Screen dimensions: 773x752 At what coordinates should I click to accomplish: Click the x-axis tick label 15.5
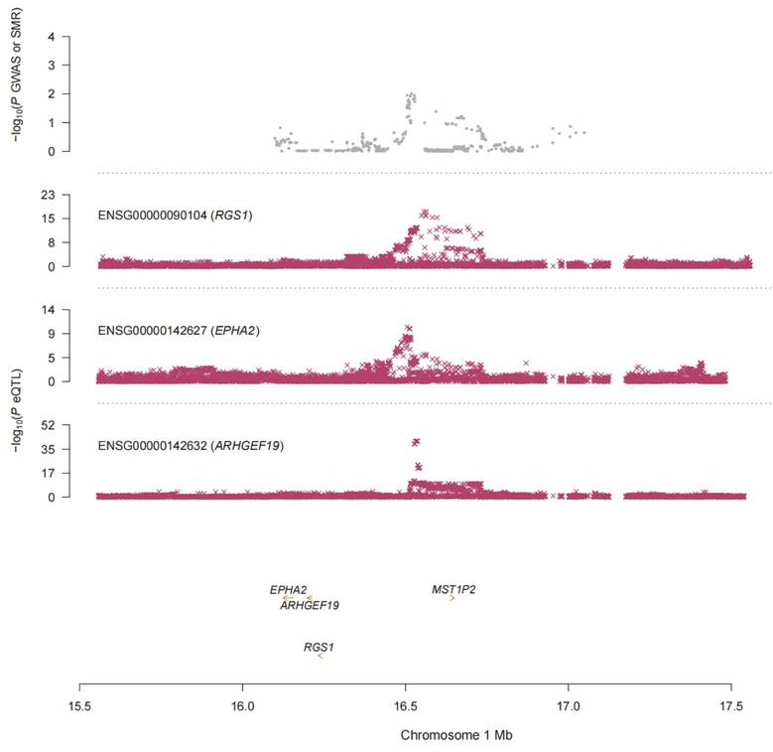click(x=79, y=706)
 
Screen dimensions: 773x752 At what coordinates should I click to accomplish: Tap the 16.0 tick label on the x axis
click(x=242, y=706)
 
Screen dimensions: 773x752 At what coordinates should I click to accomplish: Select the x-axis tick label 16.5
click(x=405, y=706)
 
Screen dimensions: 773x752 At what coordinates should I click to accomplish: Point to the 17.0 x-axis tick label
click(x=569, y=706)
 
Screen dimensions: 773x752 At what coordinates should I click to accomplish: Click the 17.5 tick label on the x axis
click(x=731, y=706)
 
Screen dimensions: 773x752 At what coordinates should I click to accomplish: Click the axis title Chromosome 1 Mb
click(x=456, y=735)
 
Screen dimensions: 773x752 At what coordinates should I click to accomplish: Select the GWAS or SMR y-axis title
click(x=18, y=75)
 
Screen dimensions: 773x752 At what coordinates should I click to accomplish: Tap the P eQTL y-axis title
click(x=18, y=410)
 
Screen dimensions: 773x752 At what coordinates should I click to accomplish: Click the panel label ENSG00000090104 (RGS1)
click(x=175, y=216)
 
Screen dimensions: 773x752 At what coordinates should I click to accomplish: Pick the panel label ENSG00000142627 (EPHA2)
click(x=179, y=331)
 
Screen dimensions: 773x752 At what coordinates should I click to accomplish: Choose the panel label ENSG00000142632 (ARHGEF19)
click(x=191, y=446)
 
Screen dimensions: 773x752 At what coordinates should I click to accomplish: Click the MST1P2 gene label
click(x=453, y=590)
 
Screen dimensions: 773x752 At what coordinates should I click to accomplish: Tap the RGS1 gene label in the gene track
click(x=319, y=648)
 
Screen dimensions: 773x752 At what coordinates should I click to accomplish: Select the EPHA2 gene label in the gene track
click(x=288, y=590)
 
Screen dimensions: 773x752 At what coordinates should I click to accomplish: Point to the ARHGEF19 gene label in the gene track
click(x=310, y=605)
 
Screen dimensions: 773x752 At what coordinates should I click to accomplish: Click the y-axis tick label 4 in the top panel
click(x=52, y=37)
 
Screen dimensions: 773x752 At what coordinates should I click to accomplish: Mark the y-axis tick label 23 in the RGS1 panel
click(x=49, y=196)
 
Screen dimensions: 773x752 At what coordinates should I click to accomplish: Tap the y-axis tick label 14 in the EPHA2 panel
click(x=49, y=310)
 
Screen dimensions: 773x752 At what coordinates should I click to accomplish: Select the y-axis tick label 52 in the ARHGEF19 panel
click(x=49, y=425)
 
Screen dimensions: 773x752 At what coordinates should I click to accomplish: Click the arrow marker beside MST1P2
click(x=451, y=599)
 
